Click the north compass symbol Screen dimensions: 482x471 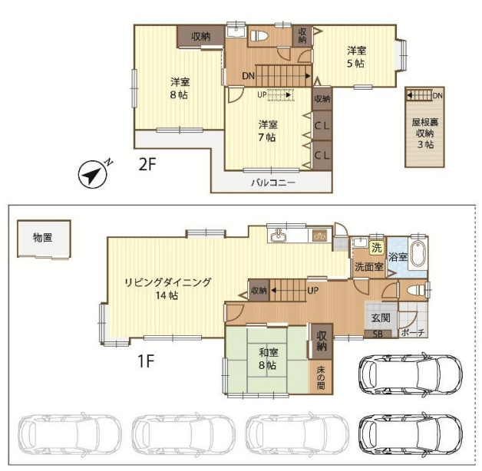[93, 174]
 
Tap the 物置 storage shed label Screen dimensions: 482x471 [43, 238]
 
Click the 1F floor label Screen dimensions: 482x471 [146, 361]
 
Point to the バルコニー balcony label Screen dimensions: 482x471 [273, 183]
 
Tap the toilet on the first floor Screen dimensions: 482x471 [415, 290]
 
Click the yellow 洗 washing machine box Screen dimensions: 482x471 [377, 247]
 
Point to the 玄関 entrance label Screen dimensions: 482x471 [381, 318]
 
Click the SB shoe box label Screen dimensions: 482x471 [378, 334]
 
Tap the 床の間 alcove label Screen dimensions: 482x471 [321, 377]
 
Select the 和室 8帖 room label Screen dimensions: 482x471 [268, 358]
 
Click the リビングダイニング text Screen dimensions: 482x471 [168, 282]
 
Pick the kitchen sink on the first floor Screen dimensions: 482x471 [279, 236]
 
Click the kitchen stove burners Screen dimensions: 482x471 [320, 236]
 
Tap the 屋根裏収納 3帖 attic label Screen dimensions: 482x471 [425, 133]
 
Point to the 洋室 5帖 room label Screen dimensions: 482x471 [356, 57]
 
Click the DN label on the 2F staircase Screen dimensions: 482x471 [248, 76]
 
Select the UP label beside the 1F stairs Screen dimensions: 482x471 [312, 290]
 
